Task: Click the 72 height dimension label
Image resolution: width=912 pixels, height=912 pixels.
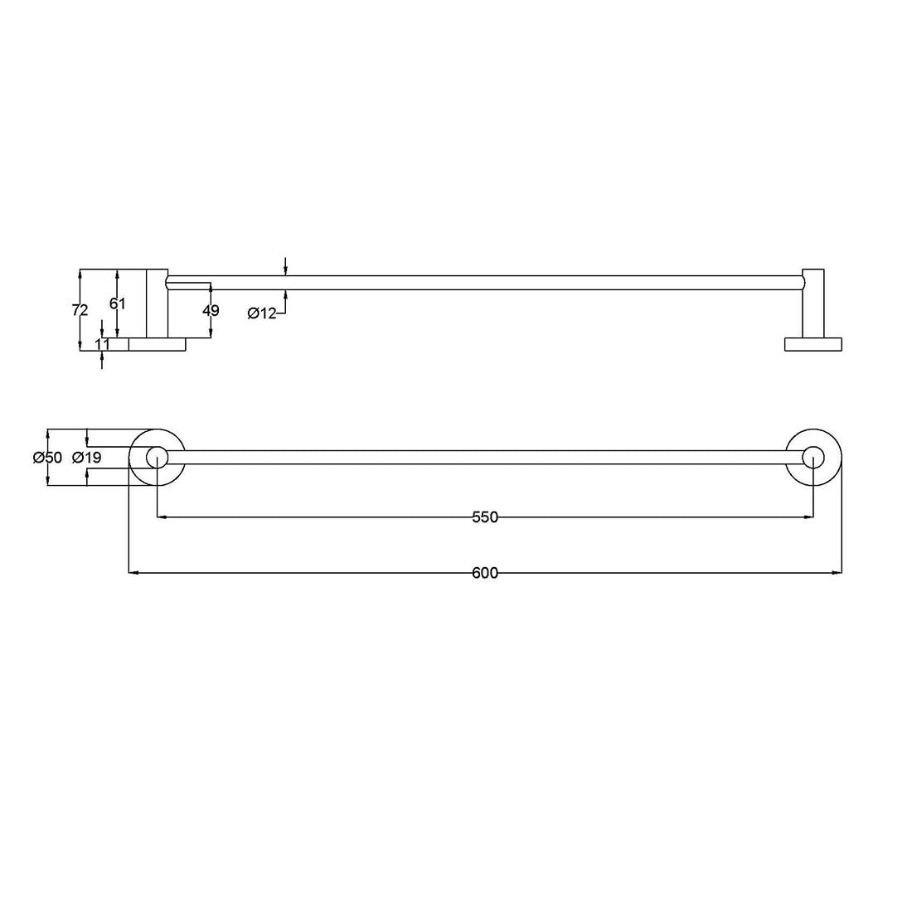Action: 80,310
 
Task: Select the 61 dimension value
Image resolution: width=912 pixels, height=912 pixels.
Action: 117,303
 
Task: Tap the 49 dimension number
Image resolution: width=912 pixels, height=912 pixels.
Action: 211,311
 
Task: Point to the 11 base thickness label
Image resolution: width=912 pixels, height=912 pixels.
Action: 102,344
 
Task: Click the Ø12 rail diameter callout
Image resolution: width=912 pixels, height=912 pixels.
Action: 262,313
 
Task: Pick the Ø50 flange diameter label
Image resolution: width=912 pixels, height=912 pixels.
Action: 47,458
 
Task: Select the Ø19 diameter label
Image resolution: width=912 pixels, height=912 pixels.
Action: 86,458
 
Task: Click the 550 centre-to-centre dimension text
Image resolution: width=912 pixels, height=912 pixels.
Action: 485,517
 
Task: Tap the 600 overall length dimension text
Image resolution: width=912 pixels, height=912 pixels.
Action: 485,573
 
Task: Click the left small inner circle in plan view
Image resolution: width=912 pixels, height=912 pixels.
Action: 157,457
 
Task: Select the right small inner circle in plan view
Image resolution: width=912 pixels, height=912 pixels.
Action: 813,457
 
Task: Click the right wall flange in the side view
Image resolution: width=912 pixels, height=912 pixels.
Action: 813,344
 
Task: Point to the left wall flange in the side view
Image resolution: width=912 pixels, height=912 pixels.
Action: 157,344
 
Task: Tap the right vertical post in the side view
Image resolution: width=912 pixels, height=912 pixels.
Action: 813,303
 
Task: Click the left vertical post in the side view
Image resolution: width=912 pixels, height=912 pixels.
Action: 158,303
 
